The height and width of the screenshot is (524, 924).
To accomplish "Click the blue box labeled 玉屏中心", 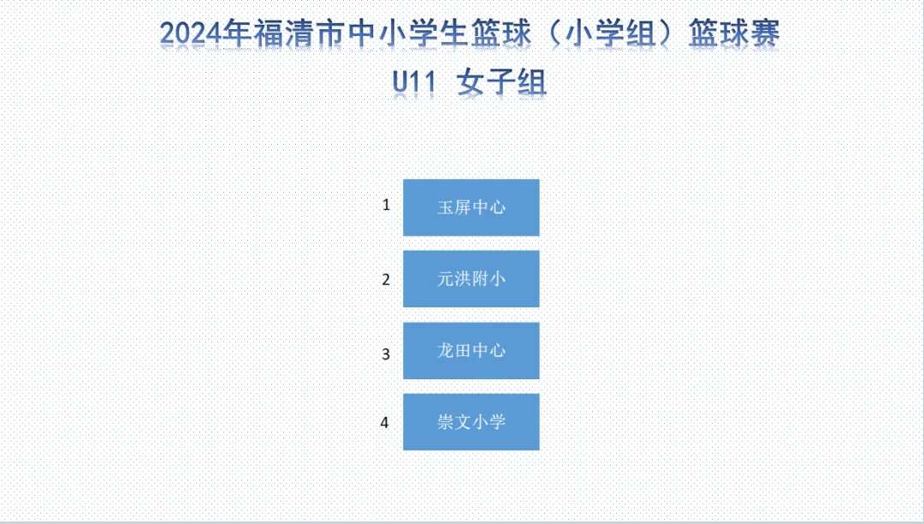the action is [471, 207].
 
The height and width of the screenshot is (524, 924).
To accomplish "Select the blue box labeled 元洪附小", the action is [471, 279].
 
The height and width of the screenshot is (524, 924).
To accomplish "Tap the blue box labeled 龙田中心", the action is [471, 351].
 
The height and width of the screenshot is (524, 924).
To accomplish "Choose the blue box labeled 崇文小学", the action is [471, 422].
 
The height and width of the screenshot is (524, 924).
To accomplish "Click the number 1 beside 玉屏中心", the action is [386, 205].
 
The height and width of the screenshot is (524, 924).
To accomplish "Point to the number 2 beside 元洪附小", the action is [386, 279].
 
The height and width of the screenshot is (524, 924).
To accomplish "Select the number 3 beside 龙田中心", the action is [386, 354].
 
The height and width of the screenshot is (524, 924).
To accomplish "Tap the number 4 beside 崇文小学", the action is [385, 422].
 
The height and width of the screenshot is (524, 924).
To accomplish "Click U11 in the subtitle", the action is [414, 82].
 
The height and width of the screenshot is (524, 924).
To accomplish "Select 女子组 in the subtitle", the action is [502, 82].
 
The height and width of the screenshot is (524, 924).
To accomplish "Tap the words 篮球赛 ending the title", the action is [734, 33].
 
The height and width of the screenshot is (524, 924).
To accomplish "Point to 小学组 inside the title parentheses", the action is [610, 33].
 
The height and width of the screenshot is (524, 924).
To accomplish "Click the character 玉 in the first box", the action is [446, 207].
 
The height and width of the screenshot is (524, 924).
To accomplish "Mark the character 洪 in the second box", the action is [463, 279].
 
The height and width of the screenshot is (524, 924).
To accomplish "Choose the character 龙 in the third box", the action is [446, 351].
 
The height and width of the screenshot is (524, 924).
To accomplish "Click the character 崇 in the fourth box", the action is [446, 422].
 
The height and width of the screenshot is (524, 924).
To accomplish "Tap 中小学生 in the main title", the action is [407, 33].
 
